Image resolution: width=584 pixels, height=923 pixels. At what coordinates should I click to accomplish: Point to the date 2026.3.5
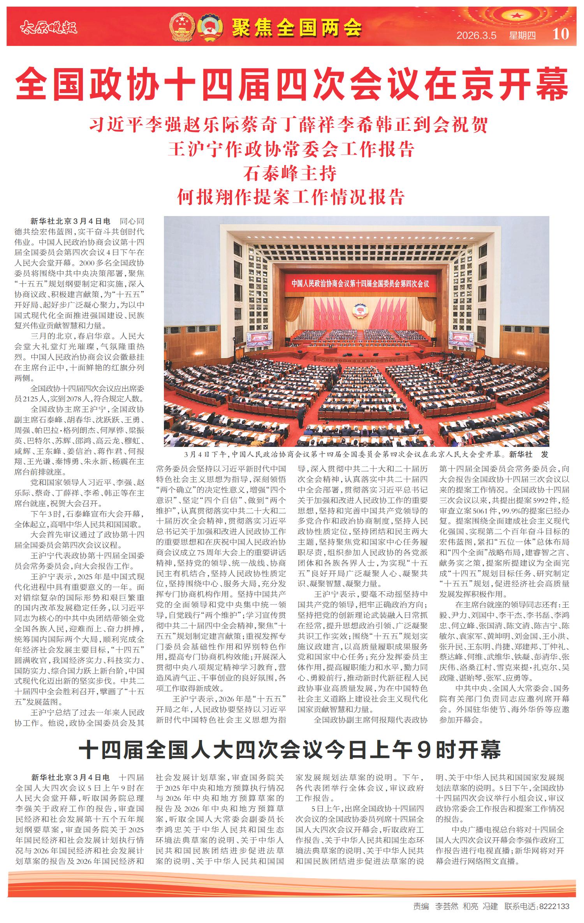tap(477, 35)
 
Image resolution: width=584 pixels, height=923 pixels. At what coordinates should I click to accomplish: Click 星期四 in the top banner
tap(522, 35)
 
